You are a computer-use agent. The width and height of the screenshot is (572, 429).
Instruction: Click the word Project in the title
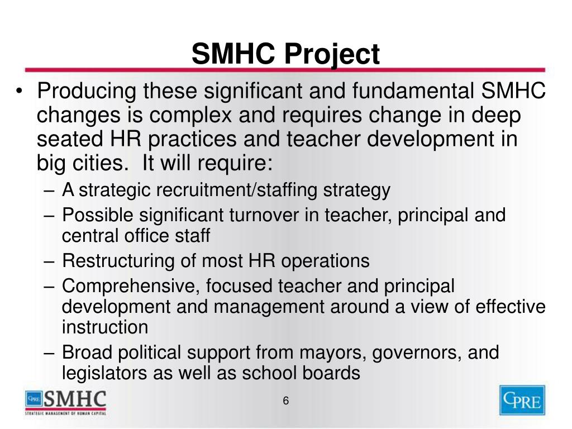(332, 55)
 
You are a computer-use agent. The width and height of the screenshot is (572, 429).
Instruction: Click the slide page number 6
(285, 401)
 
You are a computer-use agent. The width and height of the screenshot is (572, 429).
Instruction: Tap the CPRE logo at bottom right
(522, 401)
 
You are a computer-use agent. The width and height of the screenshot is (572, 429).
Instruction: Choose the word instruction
(105, 327)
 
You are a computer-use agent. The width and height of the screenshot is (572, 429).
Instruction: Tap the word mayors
(333, 353)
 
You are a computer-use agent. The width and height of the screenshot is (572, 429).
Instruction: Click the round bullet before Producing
(21, 93)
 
